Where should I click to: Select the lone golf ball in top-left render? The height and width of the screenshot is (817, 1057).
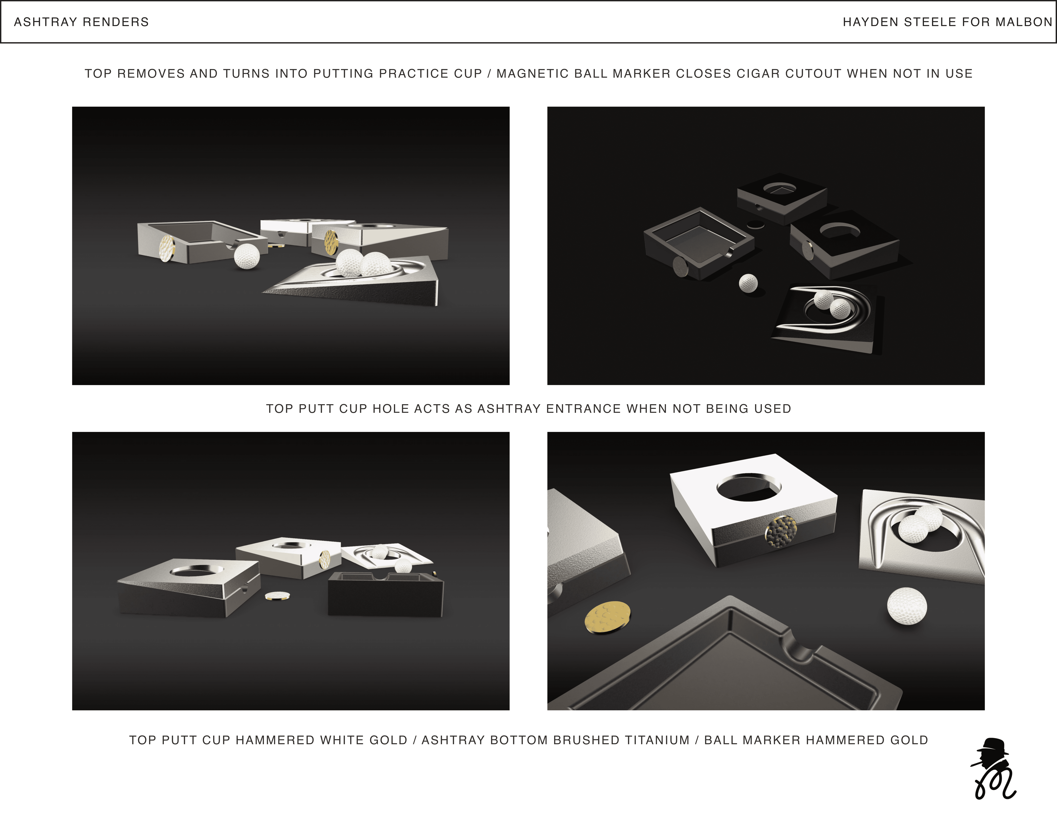coord(247,256)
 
